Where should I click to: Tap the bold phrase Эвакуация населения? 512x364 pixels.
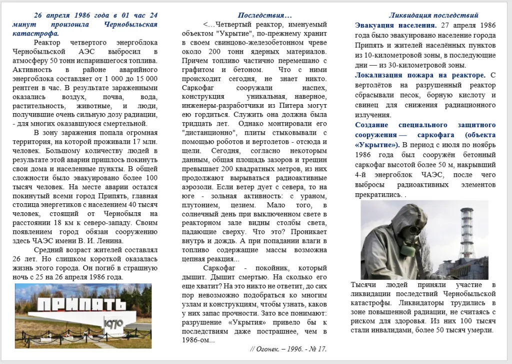coord(395,25)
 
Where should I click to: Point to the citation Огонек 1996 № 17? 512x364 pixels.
coord(288,348)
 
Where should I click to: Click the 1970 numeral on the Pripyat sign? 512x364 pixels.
coord(114,324)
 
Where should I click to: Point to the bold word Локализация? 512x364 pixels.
coord(381,75)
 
